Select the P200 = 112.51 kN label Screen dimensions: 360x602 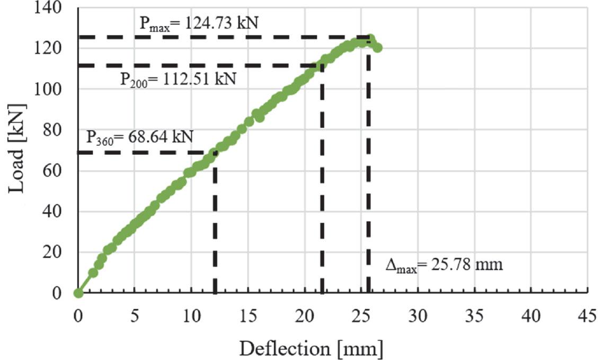(178, 80)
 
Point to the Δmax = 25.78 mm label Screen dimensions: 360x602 (444, 264)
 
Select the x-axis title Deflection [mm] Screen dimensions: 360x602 (311, 348)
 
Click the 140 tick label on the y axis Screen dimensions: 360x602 (50, 8)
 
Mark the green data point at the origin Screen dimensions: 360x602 (78, 293)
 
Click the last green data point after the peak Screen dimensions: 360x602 (377, 48)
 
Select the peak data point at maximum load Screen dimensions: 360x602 (370, 39)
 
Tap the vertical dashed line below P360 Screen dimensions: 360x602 (215, 223)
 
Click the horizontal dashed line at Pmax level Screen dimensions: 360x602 (223, 37)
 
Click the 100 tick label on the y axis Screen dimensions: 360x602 (50, 89)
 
